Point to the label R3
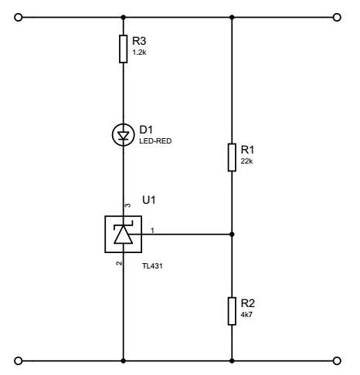coord(139,41)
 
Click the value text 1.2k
coord(139,52)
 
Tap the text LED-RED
coord(155,141)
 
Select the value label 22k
coord(246,161)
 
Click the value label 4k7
coord(246,315)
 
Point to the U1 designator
coord(149,200)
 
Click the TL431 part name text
coord(152,266)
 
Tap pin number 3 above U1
coord(127,205)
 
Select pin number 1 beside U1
coord(152,231)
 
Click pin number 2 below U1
coord(119,263)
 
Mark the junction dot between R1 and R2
coord(232,235)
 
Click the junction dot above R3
coord(124,18)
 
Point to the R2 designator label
coord(248,303)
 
